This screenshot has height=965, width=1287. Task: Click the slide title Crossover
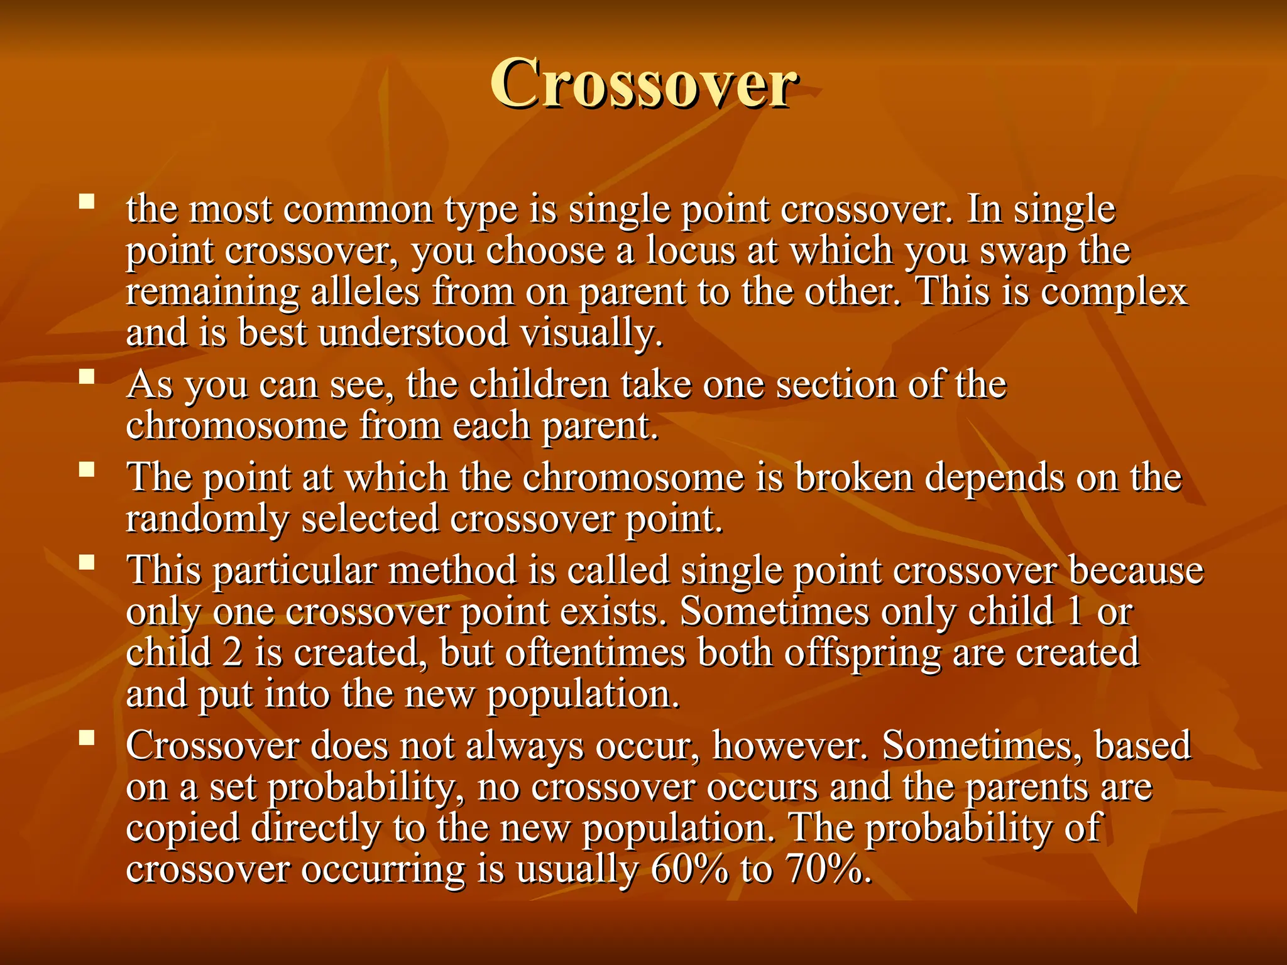click(x=643, y=84)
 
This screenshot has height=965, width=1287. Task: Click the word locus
click(x=691, y=251)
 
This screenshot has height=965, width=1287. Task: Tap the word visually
click(x=591, y=333)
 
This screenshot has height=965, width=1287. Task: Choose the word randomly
click(x=207, y=520)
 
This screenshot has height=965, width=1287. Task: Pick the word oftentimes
click(x=594, y=652)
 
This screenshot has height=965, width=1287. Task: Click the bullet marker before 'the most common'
click(x=87, y=202)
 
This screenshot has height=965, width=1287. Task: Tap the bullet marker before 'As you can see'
click(x=87, y=377)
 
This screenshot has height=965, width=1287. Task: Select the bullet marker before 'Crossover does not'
click(x=87, y=738)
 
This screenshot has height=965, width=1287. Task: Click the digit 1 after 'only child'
click(x=1075, y=611)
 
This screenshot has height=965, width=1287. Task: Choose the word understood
click(x=413, y=333)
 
